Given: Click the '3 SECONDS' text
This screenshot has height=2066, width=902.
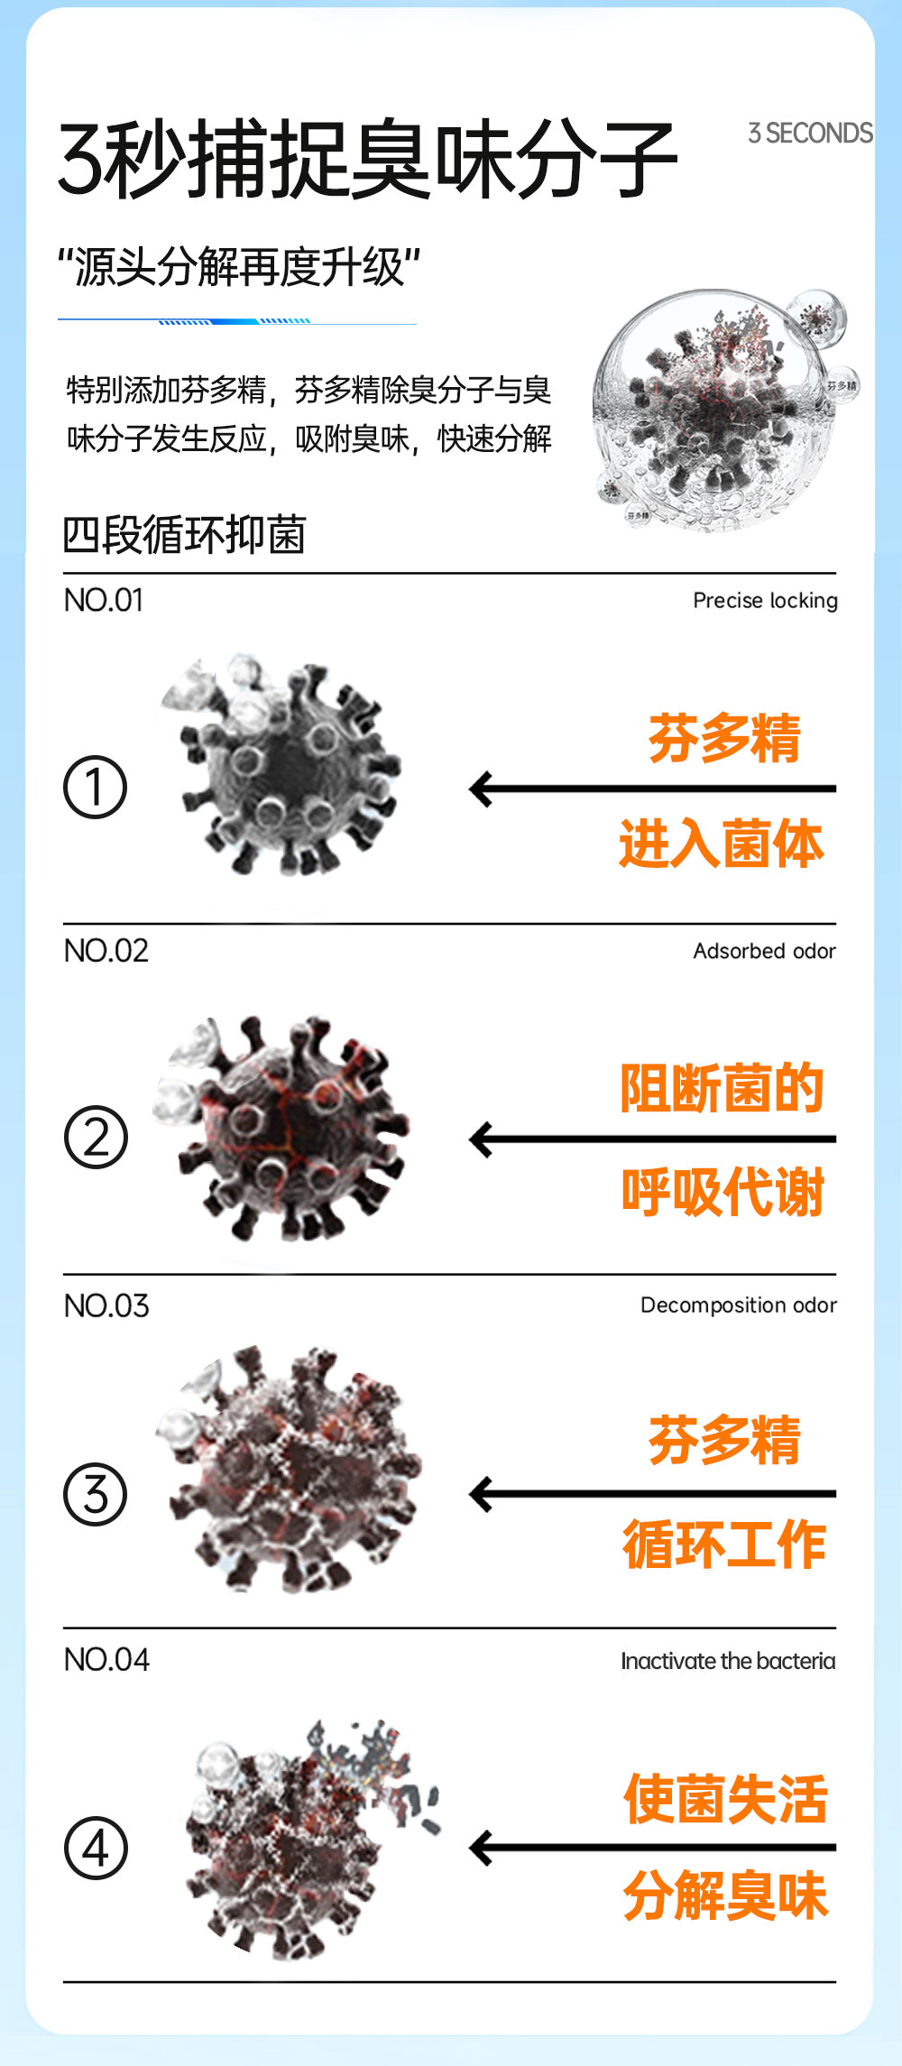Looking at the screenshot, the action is click(x=810, y=134).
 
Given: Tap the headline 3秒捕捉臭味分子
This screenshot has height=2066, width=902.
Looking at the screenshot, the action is click(x=368, y=160).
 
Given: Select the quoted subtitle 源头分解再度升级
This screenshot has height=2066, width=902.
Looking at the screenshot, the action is click(x=239, y=267).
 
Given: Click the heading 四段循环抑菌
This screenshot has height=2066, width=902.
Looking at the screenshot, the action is click(x=185, y=534).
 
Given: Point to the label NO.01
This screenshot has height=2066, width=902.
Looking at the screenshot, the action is click(x=104, y=600).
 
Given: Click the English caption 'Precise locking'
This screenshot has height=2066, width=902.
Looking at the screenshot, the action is click(x=765, y=600).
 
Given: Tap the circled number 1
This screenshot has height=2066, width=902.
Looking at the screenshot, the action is click(x=95, y=787).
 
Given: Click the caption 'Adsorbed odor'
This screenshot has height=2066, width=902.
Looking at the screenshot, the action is click(x=764, y=951).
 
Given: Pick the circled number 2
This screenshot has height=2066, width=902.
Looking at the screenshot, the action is click(x=96, y=1137).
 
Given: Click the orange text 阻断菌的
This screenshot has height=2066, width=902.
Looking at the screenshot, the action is click(x=722, y=1087).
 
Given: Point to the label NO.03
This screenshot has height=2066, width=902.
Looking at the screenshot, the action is click(x=106, y=1305).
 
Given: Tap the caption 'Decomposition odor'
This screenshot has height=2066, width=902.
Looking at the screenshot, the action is click(x=739, y=1305).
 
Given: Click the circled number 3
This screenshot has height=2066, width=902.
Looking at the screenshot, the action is click(x=95, y=1494).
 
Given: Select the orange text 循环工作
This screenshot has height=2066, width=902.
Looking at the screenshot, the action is click(x=724, y=1544).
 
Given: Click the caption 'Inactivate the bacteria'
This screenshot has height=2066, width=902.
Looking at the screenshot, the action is click(x=728, y=1661).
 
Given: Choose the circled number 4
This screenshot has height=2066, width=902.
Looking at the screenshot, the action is click(x=96, y=1848).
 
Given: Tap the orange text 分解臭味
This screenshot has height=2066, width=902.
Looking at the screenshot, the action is click(x=725, y=1895).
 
